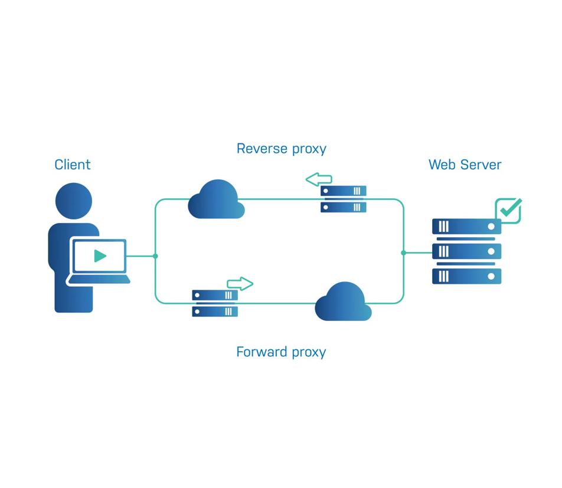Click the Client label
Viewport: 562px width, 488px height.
[73, 165]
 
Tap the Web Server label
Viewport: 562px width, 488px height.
[465, 165]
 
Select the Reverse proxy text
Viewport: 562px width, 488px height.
[281, 149]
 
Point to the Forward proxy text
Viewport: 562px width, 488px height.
[281, 352]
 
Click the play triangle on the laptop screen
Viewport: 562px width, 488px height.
[100, 256]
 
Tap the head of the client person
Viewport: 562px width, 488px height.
[74, 201]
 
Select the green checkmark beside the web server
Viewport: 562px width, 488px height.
[509, 209]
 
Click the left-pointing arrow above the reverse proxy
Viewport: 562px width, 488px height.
[319, 179]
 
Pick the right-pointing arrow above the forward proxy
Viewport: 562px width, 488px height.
[240, 284]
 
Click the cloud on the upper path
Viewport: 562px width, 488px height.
[216, 200]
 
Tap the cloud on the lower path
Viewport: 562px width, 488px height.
[343, 302]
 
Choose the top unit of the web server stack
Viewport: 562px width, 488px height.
[466, 227]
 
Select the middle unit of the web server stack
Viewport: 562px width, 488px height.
[466, 251]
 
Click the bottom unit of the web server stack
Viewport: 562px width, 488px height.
[466, 276]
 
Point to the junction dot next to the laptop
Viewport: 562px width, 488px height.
[155, 256]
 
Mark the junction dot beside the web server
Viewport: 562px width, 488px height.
[404, 253]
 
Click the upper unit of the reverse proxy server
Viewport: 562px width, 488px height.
[344, 191]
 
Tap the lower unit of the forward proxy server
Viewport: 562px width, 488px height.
[215, 312]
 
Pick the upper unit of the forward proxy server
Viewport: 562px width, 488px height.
[215, 295]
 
